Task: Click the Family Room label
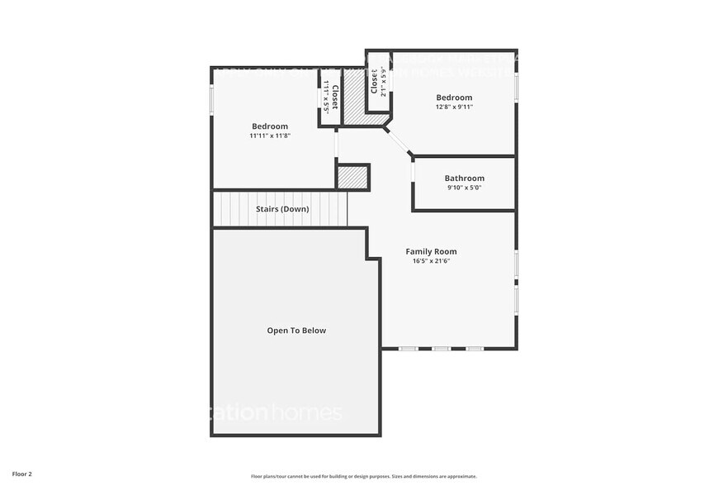[x=431, y=251]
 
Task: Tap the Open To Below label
[x=296, y=331]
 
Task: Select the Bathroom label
[x=464, y=179]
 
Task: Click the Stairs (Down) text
[x=282, y=209]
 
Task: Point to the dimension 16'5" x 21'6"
[x=431, y=261]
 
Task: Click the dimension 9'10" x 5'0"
[x=464, y=188]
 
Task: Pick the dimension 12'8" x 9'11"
[x=454, y=107]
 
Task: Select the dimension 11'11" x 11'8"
[x=270, y=136]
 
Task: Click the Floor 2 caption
[x=22, y=474]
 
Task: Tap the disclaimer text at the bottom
[x=363, y=476]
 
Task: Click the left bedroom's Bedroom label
[x=270, y=126]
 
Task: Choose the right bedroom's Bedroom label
[x=454, y=97]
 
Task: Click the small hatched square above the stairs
[x=352, y=178]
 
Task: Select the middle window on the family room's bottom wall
[x=441, y=349]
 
